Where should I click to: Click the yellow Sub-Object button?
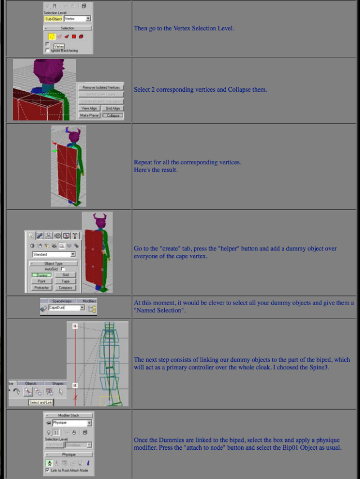(x=53, y=19)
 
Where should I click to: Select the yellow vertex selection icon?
(x=51, y=36)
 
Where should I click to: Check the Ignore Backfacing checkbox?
(x=48, y=50)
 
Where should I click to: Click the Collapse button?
(x=114, y=115)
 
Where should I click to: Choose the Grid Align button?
(x=113, y=108)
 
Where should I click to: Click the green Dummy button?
(x=42, y=275)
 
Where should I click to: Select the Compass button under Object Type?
(x=65, y=287)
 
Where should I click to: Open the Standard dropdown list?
(x=54, y=254)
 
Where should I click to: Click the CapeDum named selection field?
(x=66, y=308)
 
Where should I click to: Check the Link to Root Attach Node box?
(x=48, y=470)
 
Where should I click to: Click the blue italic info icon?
(x=88, y=463)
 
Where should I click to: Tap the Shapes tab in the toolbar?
(x=58, y=383)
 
